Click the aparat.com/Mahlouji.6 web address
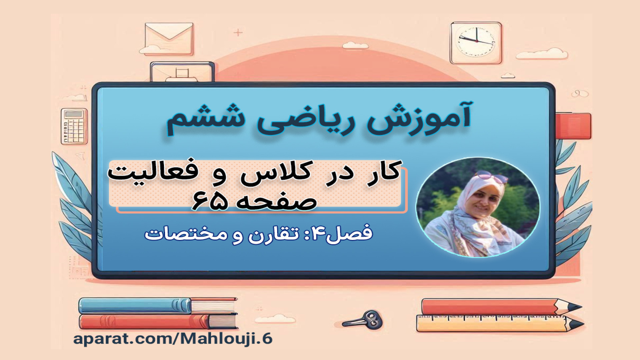[173, 338]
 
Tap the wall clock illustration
[476, 43]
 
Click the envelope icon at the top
[169, 38]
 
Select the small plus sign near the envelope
[238, 33]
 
